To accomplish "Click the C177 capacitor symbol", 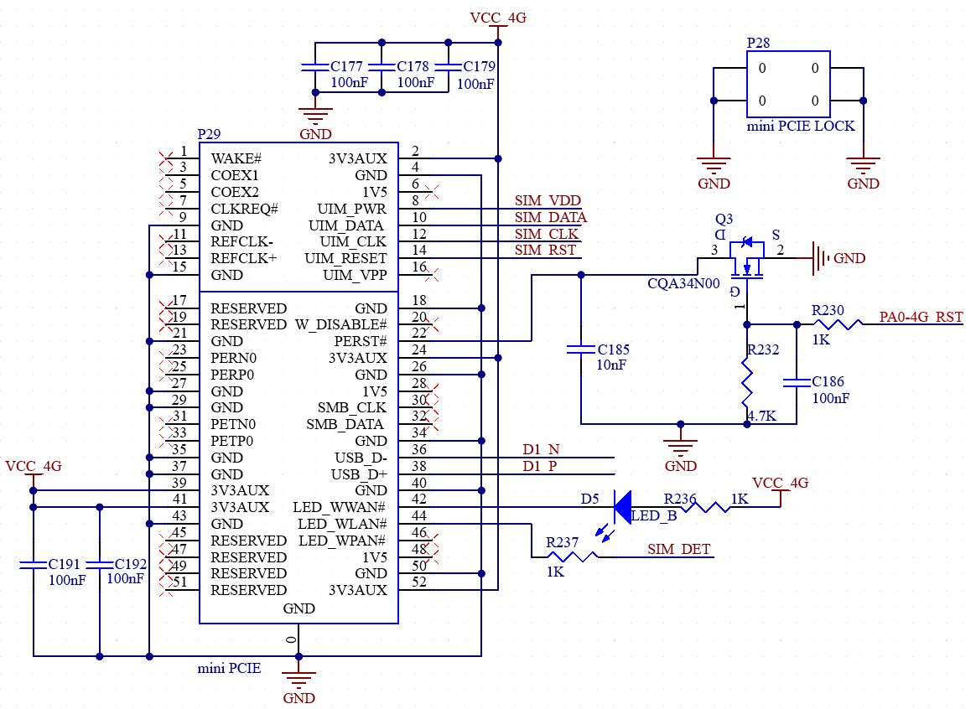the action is pyautogui.click(x=315, y=66).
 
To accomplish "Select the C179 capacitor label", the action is pyautogui.click(x=480, y=66).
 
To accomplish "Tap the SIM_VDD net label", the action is pyautogui.click(x=548, y=200).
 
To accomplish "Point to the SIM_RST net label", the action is pyautogui.click(x=545, y=250).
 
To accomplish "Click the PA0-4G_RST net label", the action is pyautogui.click(x=921, y=317).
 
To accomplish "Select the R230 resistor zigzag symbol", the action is pyautogui.click(x=838, y=324).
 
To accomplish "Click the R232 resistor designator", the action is pyautogui.click(x=763, y=349).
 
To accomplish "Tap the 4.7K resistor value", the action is pyautogui.click(x=762, y=416).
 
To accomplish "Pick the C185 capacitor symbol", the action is pyautogui.click(x=581, y=350).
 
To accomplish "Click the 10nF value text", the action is pyautogui.click(x=611, y=365).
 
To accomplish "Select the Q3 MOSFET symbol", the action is pyautogui.click(x=747, y=257).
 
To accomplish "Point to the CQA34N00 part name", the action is pyautogui.click(x=683, y=283).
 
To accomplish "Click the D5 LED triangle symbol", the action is pyautogui.click(x=622, y=507).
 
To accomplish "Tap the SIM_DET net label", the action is pyautogui.click(x=679, y=549).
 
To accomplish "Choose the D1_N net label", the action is pyautogui.click(x=541, y=449).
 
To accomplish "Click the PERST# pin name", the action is pyautogui.click(x=361, y=341).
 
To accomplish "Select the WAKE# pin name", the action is pyautogui.click(x=236, y=158).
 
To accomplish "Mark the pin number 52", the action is pyautogui.click(x=419, y=582).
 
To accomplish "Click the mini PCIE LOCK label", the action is pyautogui.click(x=801, y=126).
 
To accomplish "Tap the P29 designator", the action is pyautogui.click(x=209, y=134).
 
